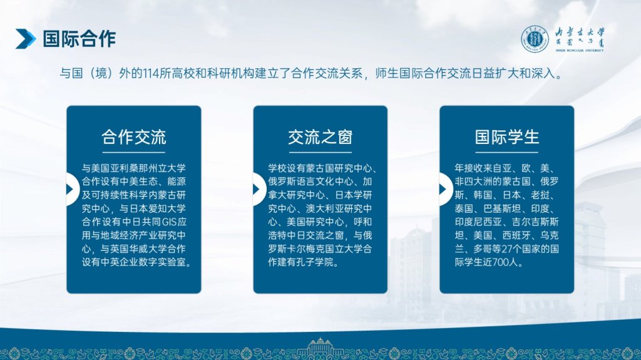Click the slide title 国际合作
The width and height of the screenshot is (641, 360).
point(79,39)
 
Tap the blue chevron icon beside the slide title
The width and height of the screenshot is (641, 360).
point(25,39)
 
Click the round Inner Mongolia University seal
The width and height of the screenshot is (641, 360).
point(535,39)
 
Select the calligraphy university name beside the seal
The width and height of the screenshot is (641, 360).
point(579,39)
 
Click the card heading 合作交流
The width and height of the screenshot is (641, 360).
point(134,138)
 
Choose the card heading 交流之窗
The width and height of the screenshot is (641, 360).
point(320,138)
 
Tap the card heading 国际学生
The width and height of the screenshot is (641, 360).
point(507,138)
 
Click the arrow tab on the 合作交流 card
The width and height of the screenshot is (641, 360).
point(72,189)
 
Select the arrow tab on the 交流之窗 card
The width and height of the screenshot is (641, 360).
point(259,189)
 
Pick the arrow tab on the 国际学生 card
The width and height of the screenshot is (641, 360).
point(445,189)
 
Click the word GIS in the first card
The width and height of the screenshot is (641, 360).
point(169,222)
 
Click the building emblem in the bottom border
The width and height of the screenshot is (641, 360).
point(320,347)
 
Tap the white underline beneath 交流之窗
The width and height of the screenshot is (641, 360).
point(320,153)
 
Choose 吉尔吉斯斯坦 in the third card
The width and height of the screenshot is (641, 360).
point(507,229)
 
